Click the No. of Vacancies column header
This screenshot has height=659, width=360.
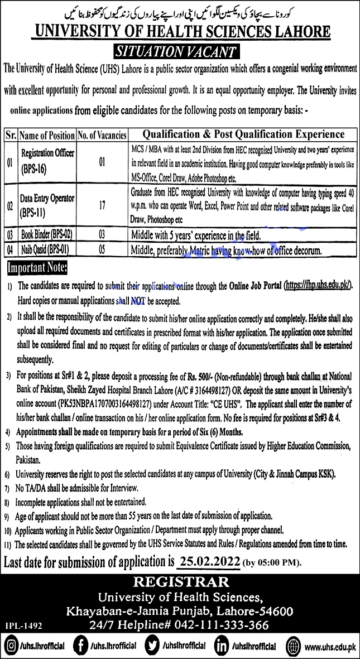click(102, 135)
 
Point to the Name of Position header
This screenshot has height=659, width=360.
click(47, 135)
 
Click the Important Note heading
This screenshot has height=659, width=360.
click(37, 269)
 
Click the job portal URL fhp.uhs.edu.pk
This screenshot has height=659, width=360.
click(318, 285)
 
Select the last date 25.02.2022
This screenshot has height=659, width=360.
click(210, 561)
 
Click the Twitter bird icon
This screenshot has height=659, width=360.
click(151, 646)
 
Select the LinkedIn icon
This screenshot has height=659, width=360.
click(222, 646)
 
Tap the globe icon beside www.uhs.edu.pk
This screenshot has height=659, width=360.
click(294, 647)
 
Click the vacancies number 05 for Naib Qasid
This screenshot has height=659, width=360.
click(101, 248)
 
